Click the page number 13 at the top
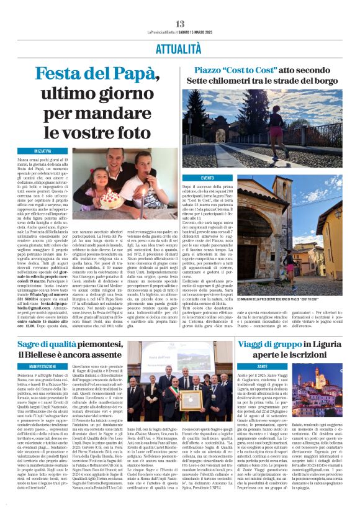(180, 24)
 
